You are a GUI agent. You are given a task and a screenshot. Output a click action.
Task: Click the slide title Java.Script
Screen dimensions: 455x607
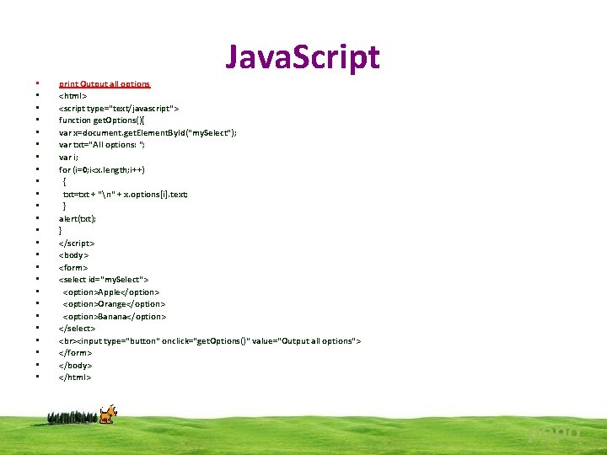tap(302, 56)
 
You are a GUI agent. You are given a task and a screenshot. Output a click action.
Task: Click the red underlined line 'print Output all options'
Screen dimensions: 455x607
tap(104, 83)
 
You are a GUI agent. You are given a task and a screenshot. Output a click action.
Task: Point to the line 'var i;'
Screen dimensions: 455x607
tap(69, 157)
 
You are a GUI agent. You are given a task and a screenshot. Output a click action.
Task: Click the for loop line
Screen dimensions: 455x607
tap(101, 169)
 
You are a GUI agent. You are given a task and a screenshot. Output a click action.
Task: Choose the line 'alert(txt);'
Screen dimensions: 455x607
tap(77, 218)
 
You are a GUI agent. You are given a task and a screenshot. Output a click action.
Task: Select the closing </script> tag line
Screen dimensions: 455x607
tap(77, 243)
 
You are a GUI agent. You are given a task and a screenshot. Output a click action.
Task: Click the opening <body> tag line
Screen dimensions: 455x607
tap(73, 255)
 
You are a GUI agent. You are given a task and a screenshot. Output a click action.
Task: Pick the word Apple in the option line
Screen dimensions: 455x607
tap(110, 292)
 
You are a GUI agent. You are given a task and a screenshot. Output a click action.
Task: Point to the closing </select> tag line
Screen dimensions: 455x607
tap(77, 329)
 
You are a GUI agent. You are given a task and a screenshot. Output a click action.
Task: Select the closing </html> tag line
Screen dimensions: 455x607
tap(75, 377)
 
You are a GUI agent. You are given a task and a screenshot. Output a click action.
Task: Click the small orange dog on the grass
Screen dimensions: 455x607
tap(107, 414)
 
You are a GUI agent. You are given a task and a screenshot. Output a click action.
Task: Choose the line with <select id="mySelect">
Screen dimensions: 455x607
tap(103, 279)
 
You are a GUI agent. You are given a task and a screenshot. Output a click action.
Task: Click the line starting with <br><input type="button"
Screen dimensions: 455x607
tap(209, 340)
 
